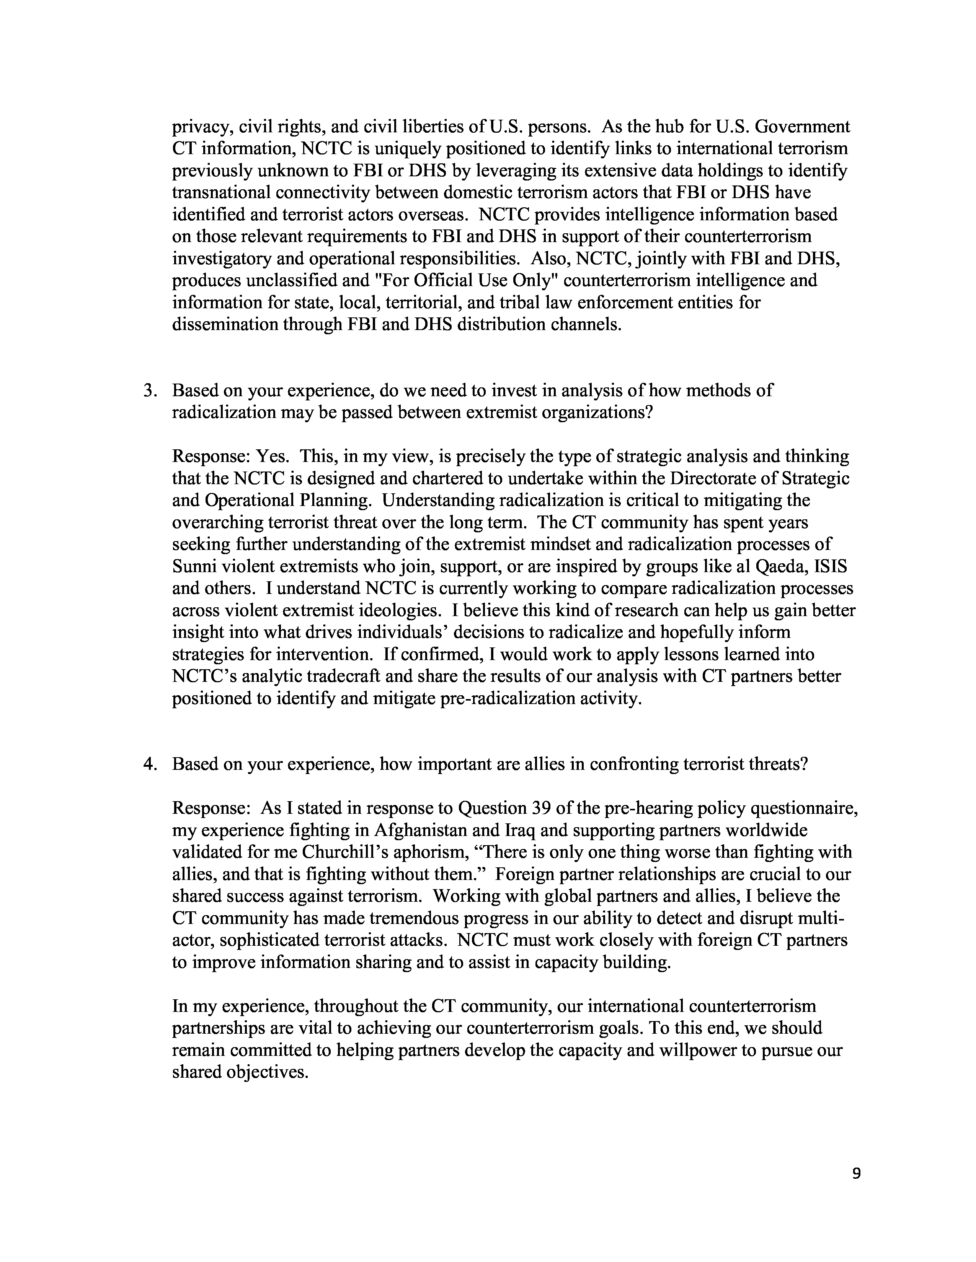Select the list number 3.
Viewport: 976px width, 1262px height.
[149, 390]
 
